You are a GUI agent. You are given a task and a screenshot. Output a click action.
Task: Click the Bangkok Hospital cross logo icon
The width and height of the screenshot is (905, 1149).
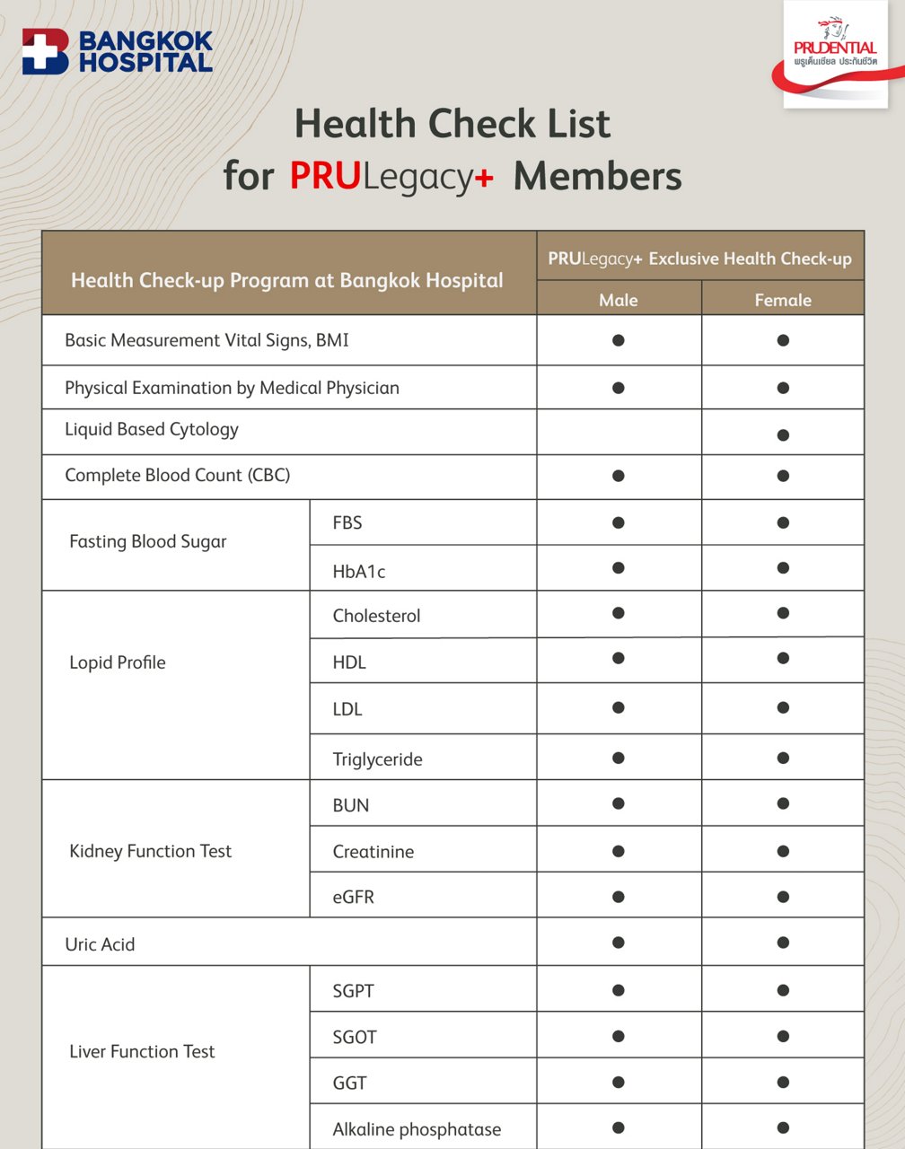pyautogui.click(x=45, y=51)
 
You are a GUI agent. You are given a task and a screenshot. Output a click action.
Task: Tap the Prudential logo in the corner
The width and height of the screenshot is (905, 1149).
pyautogui.click(x=835, y=54)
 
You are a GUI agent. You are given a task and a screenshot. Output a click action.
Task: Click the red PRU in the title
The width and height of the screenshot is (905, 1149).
pyautogui.click(x=324, y=176)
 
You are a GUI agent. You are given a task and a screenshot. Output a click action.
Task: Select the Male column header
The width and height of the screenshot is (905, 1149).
pyautogui.click(x=618, y=300)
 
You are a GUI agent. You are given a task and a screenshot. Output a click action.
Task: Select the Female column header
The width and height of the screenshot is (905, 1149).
pyautogui.click(x=783, y=300)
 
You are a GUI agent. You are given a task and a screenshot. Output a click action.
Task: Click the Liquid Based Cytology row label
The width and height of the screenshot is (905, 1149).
pyautogui.click(x=152, y=429)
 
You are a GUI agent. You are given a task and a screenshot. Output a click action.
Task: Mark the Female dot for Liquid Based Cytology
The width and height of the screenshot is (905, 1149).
pyautogui.click(x=783, y=435)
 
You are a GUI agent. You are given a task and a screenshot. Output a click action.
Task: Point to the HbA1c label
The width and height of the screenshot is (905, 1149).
pyautogui.click(x=359, y=571)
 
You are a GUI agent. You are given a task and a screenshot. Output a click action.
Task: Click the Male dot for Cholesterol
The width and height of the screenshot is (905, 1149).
pyautogui.click(x=618, y=613)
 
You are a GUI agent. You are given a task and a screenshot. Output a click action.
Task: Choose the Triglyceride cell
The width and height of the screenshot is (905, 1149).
pyautogui.click(x=377, y=759)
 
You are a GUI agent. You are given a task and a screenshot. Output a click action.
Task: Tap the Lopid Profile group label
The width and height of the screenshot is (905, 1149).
pyautogui.click(x=118, y=662)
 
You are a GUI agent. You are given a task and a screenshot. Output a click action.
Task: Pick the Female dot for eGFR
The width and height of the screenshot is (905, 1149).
pyautogui.click(x=783, y=897)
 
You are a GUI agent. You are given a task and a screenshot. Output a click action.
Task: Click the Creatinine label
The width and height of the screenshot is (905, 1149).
pyautogui.click(x=373, y=851)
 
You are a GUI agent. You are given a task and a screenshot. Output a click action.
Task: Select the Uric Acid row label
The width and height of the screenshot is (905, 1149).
pyautogui.click(x=100, y=944)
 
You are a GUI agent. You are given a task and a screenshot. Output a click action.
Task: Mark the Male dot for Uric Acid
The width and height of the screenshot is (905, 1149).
pyautogui.click(x=618, y=943)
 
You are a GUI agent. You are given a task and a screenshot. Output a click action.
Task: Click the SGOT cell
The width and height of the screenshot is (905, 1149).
pyautogui.click(x=355, y=1037)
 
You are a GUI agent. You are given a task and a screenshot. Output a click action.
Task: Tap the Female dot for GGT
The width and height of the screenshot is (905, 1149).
pyautogui.click(x=783, y=1083)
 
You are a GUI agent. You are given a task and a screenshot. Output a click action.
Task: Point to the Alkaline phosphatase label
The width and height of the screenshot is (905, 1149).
pyautogui.click(x=417, y=1129)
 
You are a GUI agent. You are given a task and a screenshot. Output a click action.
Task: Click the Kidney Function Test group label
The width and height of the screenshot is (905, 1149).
pyautogui.click(x=151, y=851)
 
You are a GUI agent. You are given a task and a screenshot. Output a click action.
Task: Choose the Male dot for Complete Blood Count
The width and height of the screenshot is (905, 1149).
pyautogui.click(x=618, y=476)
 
